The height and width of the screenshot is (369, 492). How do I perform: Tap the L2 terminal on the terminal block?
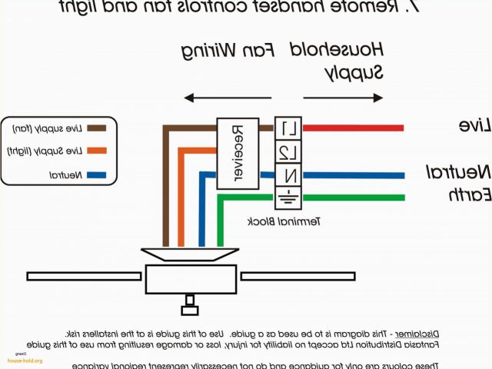point(288,151)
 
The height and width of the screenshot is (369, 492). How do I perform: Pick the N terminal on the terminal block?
point(288,174)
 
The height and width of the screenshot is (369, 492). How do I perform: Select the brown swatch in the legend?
point(96,128)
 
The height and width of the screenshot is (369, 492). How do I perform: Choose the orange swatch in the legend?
point(96,150)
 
